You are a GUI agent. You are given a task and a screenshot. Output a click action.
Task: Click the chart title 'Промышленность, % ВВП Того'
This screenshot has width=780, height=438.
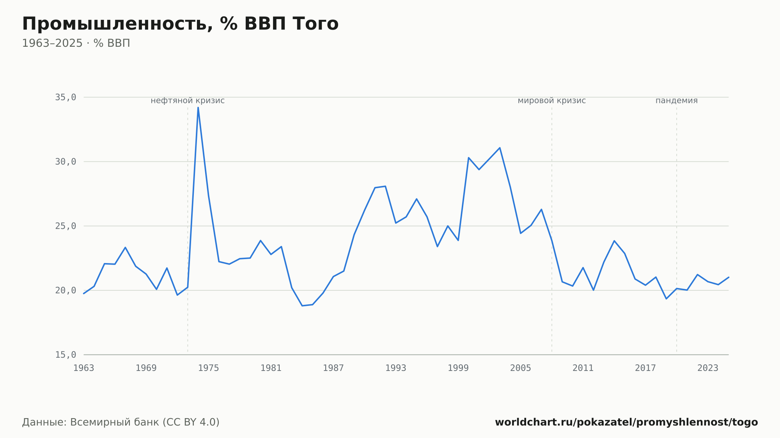[x=180, y=24]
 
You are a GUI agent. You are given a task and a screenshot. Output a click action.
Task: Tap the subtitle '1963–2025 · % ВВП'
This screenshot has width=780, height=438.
[x=76, y=43]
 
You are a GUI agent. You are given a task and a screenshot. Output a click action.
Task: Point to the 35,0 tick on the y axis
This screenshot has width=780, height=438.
[x=66, y=97]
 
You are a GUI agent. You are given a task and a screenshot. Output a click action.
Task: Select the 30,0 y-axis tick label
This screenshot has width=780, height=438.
[x=66, y=162]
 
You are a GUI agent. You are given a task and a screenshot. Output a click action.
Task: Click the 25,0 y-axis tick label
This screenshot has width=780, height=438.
[x=66, y=226]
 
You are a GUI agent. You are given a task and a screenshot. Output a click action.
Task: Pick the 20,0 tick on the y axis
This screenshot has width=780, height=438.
[x=66, y=290]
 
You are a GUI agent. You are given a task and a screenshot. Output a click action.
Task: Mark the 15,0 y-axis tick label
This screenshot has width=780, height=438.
[x=66, y=355]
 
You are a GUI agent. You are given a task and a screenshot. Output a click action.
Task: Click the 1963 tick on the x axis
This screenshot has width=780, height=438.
[x=84, y=368]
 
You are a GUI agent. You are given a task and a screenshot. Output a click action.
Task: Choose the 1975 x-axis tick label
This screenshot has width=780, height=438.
[x=209, y=368]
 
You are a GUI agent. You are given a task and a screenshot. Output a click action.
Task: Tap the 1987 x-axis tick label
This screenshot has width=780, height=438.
[x=333, y=368]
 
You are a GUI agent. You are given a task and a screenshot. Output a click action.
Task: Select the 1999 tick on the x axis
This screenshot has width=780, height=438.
[x=458, y=368]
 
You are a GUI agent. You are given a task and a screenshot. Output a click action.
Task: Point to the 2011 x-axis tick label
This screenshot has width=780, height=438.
[x=583, y=368]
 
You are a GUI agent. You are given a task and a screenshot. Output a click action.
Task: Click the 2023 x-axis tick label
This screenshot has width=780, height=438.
[x=708, y=368]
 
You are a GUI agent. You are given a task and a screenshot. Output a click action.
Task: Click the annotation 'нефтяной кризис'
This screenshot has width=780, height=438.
[x=188, y=101]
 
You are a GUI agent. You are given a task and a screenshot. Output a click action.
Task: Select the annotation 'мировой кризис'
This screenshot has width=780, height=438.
[x=552, y=101]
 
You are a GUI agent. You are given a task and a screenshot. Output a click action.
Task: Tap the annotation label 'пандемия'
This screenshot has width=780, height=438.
[x=677, y=101]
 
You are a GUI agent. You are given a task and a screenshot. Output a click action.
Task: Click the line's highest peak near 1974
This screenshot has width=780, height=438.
[x=198, y=108]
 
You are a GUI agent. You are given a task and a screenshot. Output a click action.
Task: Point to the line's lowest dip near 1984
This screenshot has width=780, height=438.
[x=302, y=306]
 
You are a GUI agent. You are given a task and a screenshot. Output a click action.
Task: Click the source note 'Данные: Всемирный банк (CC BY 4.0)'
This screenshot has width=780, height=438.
[x=121, y=422]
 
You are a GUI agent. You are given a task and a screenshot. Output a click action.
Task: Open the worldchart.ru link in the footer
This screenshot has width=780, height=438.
[x=626, y=422]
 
